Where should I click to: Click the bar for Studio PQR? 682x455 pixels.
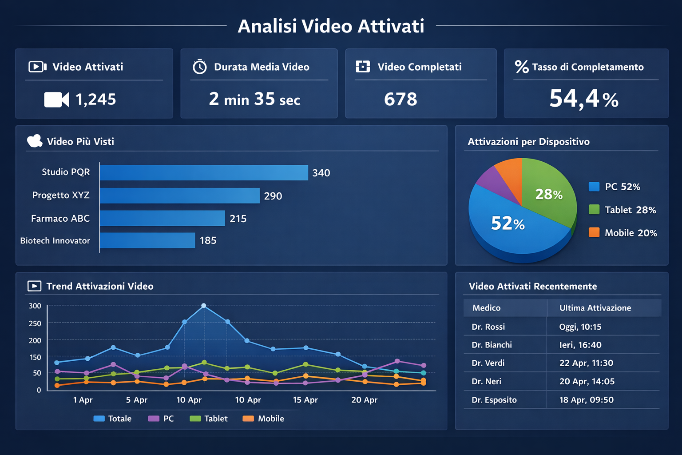pos(204,173)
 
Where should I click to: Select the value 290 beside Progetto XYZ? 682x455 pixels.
pos(273,196)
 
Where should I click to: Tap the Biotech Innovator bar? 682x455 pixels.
pos(147,240)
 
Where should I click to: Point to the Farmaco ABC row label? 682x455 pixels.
pos(60,219)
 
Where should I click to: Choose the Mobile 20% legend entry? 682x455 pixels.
pos(623,233)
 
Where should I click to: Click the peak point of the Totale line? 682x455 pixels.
pos(204,306)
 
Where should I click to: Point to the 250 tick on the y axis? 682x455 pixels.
pos(35,323)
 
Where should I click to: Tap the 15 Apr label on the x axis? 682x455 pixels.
pos(305,400)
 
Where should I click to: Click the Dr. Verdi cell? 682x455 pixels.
pos(488,363)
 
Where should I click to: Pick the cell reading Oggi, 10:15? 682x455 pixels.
pos(580,327)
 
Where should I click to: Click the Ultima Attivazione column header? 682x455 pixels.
pos(595,308)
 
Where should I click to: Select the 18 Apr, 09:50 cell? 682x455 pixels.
pos(586,400)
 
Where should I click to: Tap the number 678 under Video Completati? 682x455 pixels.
pos(400,99)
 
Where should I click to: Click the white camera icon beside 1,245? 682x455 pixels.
pos(56,100)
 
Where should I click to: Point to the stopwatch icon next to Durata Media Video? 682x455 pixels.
pos(199,67)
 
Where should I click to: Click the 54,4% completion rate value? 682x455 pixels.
pos(583,99)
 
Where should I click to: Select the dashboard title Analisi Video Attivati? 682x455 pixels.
pos(331,26)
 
